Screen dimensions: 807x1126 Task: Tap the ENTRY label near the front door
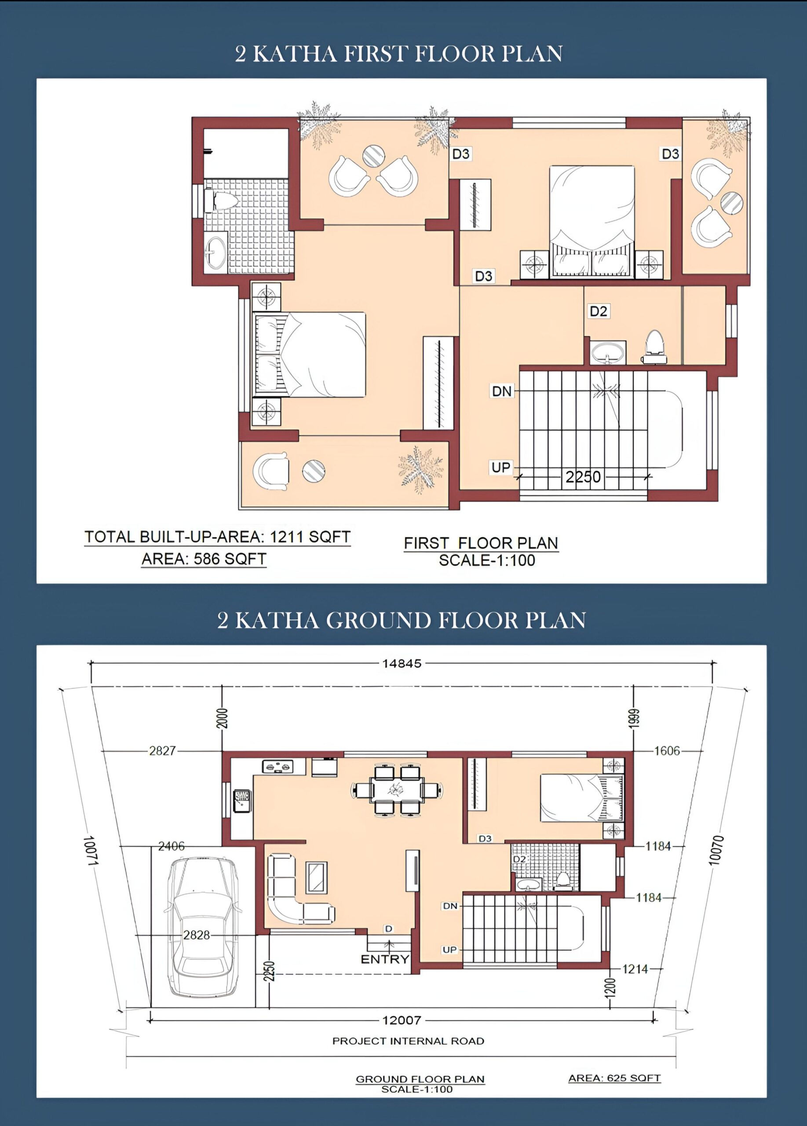(x=385, y=959)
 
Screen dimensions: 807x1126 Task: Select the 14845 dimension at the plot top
(x=402, y=663)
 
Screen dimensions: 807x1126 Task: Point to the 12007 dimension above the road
(x=402, y=1020)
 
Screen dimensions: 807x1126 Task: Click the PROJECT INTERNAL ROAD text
(x=408, y=1041)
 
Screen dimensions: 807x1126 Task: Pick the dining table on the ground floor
(x=398, y=790)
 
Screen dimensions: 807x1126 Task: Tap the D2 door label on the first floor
(x=599, y=311)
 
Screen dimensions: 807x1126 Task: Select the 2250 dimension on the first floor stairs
(x=583, y=477)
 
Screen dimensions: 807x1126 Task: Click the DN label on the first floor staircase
(x=501, y=391)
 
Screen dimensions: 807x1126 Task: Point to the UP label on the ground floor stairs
(x=449, y=950)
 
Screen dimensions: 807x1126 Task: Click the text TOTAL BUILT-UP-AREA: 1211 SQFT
(x=217, y=537)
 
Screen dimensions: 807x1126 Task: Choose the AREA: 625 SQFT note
(x=614, y=1078)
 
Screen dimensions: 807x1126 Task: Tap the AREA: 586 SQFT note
(x=204, y=559)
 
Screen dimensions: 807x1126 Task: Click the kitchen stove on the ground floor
(x=278, y=766)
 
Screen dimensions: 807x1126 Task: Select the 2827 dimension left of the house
(x=162, y=751)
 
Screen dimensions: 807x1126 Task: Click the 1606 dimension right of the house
(x=667, y=751)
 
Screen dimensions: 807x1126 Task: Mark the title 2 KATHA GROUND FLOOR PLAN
(x=402, y=620)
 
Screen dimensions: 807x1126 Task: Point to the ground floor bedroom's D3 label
(x=485, y=838)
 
